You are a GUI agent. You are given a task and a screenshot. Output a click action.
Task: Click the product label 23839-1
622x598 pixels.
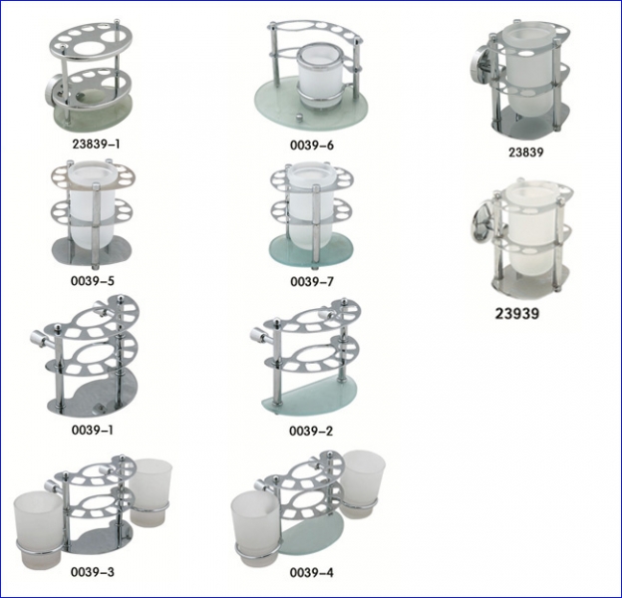[96, 144]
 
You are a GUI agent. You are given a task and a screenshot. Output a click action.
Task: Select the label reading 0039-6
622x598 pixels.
[312, 146]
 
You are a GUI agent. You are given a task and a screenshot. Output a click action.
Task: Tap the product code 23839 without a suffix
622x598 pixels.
[526, 151]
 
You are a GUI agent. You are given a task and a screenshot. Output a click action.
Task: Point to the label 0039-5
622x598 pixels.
[93, 281]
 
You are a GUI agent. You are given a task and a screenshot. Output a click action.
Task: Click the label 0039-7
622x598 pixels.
[312, 281]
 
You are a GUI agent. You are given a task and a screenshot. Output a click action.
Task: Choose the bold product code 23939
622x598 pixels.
[517, 314]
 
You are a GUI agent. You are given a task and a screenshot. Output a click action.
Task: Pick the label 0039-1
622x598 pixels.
[93, 430]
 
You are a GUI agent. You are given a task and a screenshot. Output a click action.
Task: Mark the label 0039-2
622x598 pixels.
[311, 431]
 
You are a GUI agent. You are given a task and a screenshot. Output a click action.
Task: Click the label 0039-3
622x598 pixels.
[93, 572]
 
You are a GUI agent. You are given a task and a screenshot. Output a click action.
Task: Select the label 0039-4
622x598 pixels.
[312, 573]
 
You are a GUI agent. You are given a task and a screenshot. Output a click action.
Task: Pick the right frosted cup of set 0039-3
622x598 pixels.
[151, 490]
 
